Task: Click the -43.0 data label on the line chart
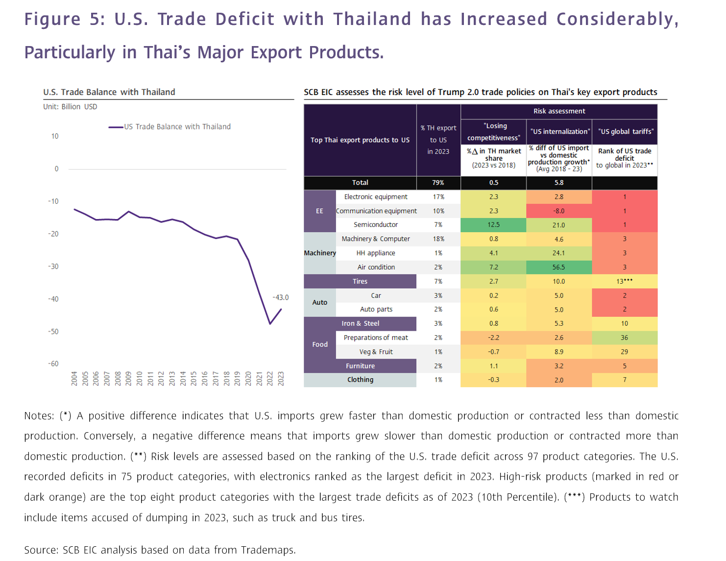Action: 281,297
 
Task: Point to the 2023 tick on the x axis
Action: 281,378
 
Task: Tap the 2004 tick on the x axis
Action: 74,378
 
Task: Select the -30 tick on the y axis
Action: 53,267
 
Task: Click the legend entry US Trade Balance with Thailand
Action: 177,126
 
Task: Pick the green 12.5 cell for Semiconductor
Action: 493,225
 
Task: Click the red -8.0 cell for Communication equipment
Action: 559,211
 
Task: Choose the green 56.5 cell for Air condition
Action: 559,268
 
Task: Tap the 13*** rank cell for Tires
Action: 624,282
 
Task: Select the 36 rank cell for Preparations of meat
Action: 624,338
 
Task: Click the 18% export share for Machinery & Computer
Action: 438,239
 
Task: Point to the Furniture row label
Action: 360,366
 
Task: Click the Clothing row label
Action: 360,380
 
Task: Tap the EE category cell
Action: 319,211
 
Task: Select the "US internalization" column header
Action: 559,132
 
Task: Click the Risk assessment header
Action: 559,111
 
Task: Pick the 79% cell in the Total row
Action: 438,183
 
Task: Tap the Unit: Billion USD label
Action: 70,107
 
